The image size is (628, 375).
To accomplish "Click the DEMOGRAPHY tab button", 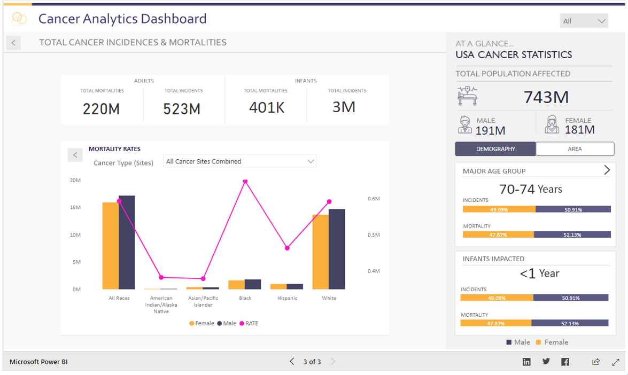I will pyautogui.click(x=495, y=149).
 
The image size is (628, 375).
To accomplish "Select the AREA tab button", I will pyautogui.click(x=575, y=149).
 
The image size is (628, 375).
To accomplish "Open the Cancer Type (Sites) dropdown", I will pyautogui.click(x=239, y=161).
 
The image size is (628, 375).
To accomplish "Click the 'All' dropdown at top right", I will pyautogui.click(x=584, y=21).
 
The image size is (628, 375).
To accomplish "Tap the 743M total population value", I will pyautogui.click(x=546, y=97).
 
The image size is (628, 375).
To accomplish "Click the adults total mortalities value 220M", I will pyautogui.click(x=101, y=109).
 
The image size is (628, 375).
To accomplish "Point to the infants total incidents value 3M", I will pyautogui.click(x=344, y=107).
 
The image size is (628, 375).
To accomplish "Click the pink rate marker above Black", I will pyautogui.click(x=245, y=182).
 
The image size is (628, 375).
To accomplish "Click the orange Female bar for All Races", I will pyautogui.click(x=110, y=246).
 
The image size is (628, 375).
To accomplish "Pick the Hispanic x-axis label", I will pyautogui.click(x=287, y=298).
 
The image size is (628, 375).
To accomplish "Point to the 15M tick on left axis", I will pyautogui.click(x=75, y=207).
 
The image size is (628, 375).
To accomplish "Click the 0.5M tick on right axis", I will pyautogui.click(x=374, y=235).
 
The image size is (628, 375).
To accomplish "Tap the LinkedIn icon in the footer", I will pyautogui.click(x=526, y=362).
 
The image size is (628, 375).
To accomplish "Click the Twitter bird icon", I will pyautogui.click(x=546, y=362).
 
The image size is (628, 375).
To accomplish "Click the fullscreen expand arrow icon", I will pyautogui.click(x=616, y=362).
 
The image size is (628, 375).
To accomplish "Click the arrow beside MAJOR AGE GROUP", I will pyautogui.click(x=607, y=170).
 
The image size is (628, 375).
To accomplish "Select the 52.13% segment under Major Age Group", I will pyautogui.click(x=572, y=235).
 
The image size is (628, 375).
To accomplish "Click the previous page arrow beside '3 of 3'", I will pyautogui.click(x=292, y=362).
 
